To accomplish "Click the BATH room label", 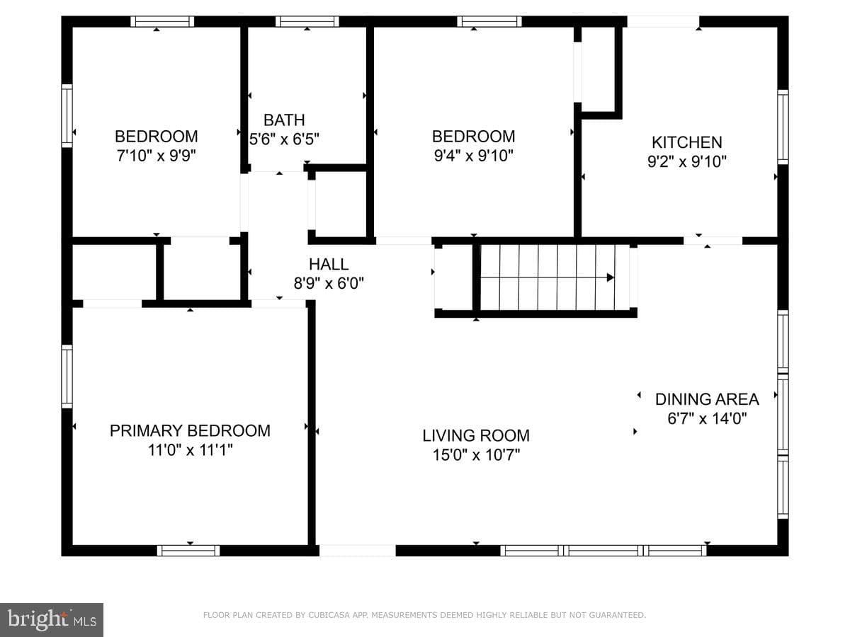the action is pos(284,120).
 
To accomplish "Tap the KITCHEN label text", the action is pos(686,142).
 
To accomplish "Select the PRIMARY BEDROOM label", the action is pos(190,431).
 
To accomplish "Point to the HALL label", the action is pos(329,264).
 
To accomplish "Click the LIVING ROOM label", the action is pos(476,436).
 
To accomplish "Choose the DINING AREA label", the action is pos(707,399).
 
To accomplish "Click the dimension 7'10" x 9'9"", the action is pos(157,156).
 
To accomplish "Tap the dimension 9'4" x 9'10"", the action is pos(473,156).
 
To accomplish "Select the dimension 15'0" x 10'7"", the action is pos(476,455).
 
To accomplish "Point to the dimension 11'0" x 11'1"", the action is pos(190,450).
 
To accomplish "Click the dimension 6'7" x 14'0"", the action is pos(707,418).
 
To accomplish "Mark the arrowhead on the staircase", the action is pos(610,277).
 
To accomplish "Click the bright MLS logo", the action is pos(52,619).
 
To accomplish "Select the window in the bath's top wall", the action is pos(307,21).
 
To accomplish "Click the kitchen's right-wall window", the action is pos(783,127).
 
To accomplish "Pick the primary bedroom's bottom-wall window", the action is pos(188,551).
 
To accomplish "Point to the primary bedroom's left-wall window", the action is pos(67,377).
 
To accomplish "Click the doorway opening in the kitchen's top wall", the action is pos(663,21).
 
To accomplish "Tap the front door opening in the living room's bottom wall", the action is pos(357,551).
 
